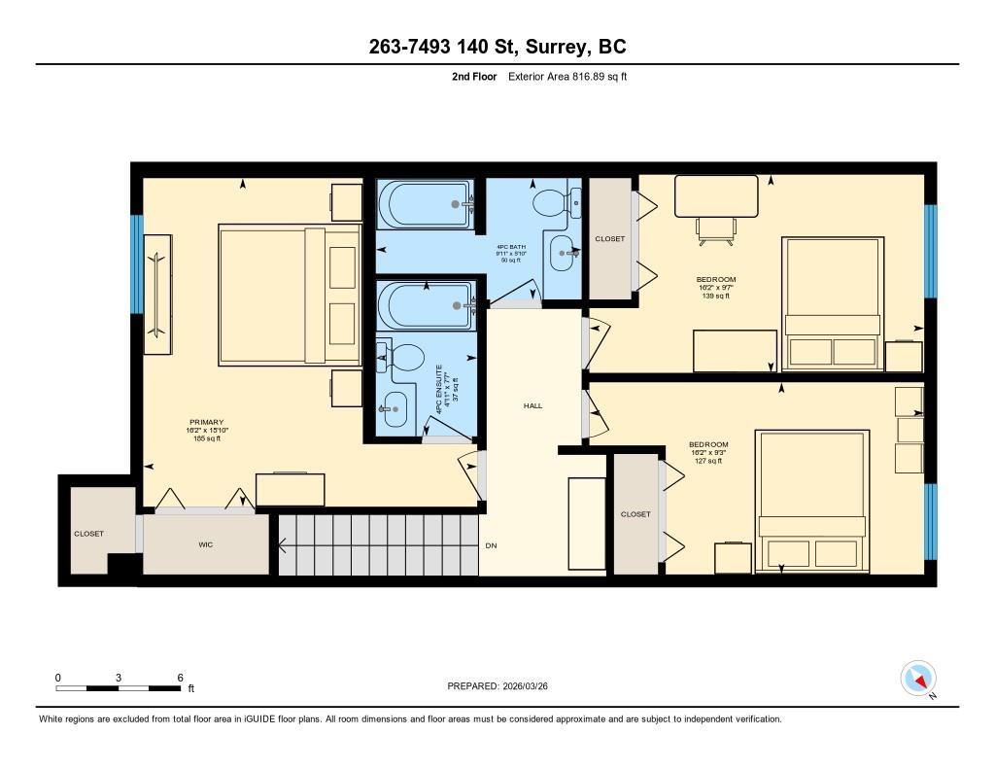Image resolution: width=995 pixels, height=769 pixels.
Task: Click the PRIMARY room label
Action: coord(205,422)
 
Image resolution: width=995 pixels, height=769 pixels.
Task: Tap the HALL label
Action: coord(532,405)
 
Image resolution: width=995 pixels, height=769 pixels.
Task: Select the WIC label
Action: coord(205,544)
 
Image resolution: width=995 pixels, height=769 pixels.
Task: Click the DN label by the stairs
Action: coord(491,545)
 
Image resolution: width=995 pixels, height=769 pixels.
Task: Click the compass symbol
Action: coord(918,678)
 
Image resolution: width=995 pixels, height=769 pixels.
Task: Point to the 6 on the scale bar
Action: coord(181,678)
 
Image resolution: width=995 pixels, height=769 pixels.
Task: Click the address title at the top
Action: coord(497,46)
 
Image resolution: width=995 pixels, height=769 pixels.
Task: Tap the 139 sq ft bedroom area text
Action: coord(715,297)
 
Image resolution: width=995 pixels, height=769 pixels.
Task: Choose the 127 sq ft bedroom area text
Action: coord(708,462)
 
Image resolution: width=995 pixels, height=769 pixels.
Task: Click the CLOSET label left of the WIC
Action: coord(88,534)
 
